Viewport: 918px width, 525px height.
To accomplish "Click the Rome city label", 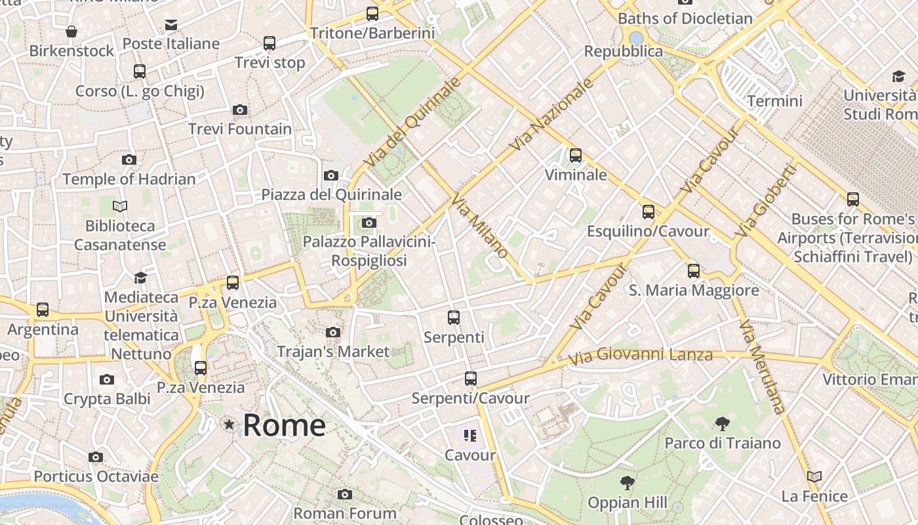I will tap(284, 425).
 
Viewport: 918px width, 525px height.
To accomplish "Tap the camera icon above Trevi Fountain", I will tap(240, 110).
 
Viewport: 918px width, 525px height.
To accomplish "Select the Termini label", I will tap(774, 101).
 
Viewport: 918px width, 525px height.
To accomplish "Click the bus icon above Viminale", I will tap(576, 156).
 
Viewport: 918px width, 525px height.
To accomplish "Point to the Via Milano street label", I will tap(481, 226).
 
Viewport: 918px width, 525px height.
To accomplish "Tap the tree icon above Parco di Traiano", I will tap(723, 424).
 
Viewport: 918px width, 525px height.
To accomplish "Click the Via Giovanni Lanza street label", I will tap(640, 356).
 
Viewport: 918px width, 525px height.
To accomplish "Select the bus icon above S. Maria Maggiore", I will tap(694, 270).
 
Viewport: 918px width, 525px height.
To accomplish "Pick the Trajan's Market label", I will tap(333, 352).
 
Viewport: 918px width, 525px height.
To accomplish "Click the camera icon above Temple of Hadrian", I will tap(129, 159).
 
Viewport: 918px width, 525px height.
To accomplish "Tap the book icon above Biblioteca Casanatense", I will tap(120, 207).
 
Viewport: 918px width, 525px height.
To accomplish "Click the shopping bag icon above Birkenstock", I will tap(71, 31).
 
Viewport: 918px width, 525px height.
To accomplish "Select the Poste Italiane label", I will tap(171, 44).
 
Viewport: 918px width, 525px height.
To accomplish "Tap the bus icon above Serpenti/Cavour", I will tap(471, 379).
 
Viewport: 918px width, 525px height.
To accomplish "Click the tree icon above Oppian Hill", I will tap(628, 484).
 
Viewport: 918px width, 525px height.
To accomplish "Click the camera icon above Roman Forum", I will tap(345, 494).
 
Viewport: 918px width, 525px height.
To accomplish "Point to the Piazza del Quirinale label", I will tap(331, 195).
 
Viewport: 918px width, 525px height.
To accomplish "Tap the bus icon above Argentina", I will tap(43, 310).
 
